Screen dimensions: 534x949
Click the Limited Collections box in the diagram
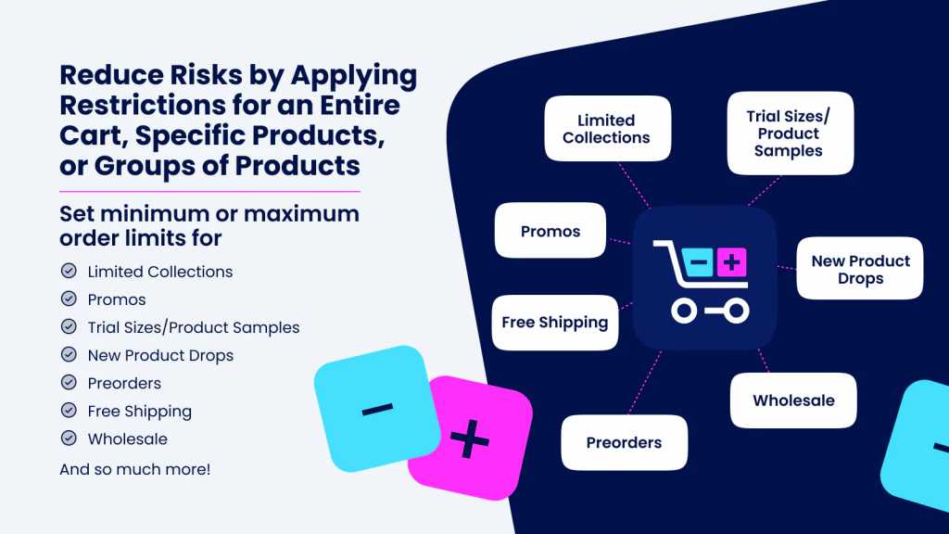(x=607, y=129)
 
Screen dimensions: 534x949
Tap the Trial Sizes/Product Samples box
(x=790, y=133)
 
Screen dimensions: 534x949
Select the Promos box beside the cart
(x=550, y=231)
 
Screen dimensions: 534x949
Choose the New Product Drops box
(x=860, y=270)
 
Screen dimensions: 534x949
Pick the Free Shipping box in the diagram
(x=554, y=323)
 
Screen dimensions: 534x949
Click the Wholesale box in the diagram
(x=793, y=400)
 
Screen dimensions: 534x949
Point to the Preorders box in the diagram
(x=624, y=442)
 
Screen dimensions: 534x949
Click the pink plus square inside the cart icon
(x=730, y=262)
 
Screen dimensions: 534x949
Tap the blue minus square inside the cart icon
(x=699, y=262)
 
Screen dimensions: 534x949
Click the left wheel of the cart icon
(x=684, y=311)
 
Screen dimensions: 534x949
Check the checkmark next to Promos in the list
(x=69, y=299)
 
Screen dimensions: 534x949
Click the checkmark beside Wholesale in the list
(x=69, y=439)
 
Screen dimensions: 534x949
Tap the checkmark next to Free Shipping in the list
(x=69, y=411)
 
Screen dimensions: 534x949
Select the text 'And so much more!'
(x=135, y=469)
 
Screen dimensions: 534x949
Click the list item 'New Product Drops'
(x=160, y=355)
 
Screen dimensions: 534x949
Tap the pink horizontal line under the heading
(x=209, y=191)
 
